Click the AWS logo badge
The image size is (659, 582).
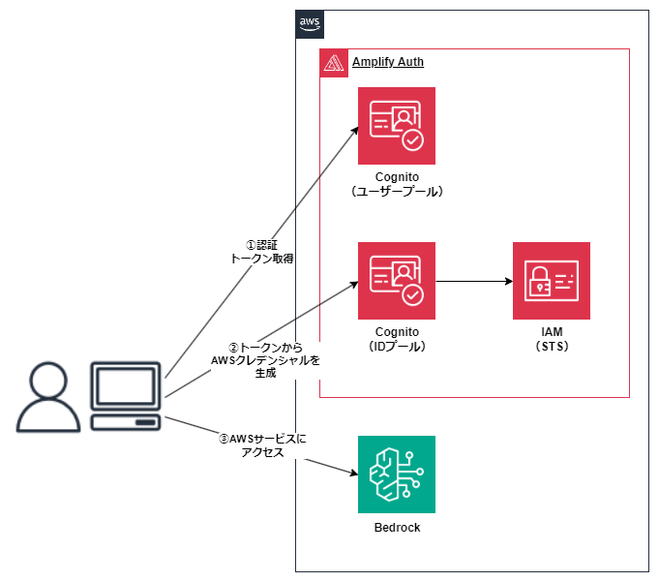(310, 24)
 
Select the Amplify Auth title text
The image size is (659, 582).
(387, 62)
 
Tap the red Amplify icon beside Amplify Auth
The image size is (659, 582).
(334, 63)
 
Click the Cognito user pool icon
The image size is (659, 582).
(396, 126)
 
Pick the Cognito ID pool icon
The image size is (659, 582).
(396, 281)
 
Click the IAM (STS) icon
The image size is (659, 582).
(551, 281)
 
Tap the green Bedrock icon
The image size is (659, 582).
(396, 475)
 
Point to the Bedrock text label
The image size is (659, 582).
(396, 528)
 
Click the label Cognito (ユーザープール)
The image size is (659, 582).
(396, 185)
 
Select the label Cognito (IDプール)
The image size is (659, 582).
(396, 339)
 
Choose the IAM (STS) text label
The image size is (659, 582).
(551, 339)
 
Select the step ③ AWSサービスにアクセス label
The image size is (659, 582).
(262, 445)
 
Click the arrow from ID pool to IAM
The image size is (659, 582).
(474, 282)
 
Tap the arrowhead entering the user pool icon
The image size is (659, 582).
(353, 134)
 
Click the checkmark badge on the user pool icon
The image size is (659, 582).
(413, 141)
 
